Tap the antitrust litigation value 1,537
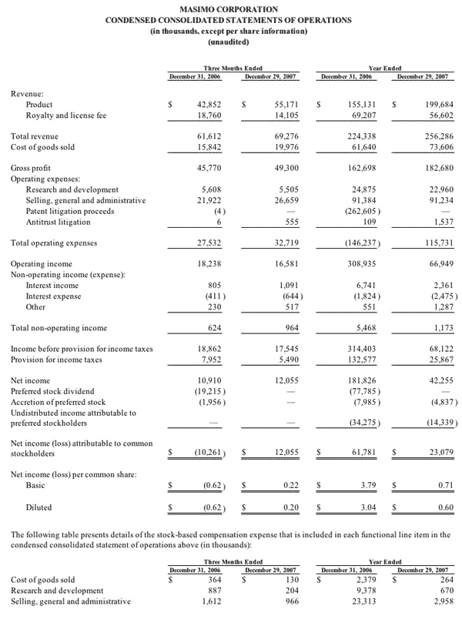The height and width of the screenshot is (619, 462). click(437, 222)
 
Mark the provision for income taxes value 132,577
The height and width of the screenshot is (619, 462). click(358, 360)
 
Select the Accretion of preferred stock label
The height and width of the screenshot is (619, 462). click(59, 402)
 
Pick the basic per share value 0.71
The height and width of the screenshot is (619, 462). click(440, 486)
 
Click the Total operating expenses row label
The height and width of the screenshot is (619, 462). click(53, 243)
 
